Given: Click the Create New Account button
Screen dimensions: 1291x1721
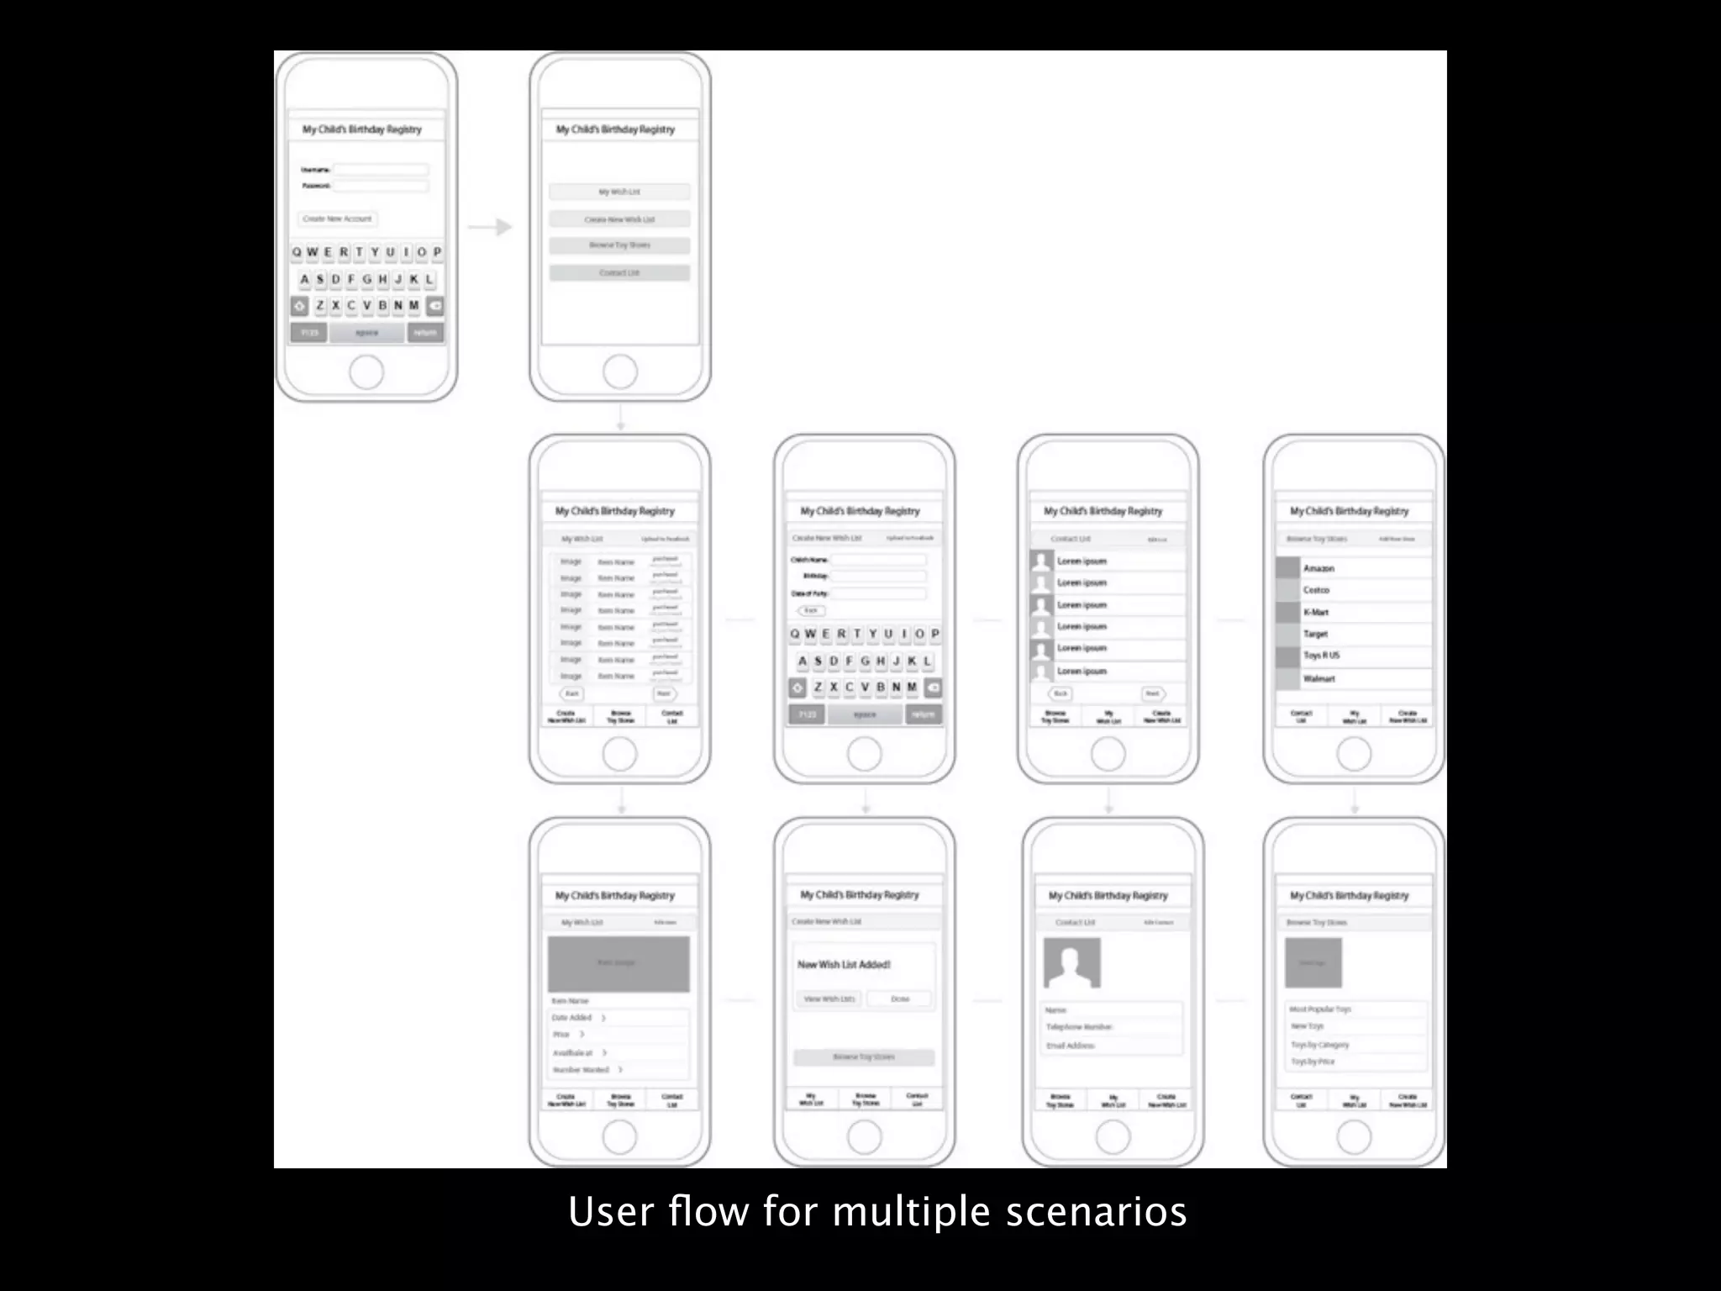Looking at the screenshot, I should pos(337,219).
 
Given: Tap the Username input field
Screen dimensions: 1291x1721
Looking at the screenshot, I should pos(381,170).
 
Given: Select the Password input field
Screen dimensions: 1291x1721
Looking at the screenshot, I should pos(381,186).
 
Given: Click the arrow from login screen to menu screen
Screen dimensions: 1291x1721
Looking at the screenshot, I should pos(490,227).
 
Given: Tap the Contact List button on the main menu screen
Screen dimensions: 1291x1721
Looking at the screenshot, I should pos(619,273).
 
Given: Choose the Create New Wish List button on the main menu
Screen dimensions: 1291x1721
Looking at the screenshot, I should pos(619,219).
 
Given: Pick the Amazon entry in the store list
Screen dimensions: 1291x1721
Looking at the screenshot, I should pos(1318,569).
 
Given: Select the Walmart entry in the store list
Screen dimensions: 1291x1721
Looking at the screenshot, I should pos(1318,678).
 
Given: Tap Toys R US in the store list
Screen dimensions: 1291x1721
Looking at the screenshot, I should pos(1321,656).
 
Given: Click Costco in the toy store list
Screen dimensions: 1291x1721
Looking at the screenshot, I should pos(1316,590).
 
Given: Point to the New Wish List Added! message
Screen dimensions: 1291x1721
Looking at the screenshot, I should pos(844,965).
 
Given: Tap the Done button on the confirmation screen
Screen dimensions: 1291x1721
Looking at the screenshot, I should pos(900,999).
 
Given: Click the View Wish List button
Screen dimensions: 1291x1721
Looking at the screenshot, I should pos(829,999).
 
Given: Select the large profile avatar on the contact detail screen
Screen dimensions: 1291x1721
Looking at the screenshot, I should pos(1071,963).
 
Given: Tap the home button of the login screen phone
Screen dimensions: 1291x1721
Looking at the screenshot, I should pos(366,372).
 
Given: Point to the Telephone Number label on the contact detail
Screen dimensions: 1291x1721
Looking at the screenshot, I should pos(1079,1027).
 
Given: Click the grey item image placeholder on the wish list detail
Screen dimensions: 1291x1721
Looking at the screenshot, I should pos(618,964).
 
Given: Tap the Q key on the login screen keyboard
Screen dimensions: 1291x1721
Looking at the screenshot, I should pos(297,252).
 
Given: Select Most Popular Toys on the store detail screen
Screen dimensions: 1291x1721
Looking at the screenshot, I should pos(1320,1009).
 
